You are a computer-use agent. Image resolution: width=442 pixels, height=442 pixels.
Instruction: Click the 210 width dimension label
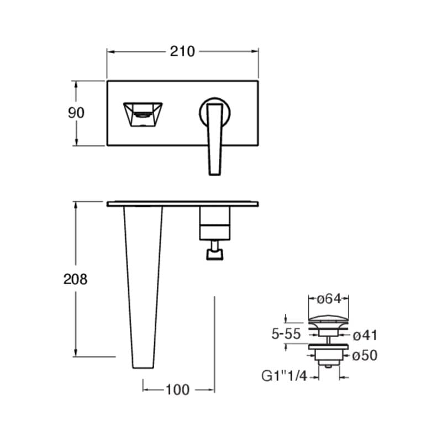[x=182, y=51]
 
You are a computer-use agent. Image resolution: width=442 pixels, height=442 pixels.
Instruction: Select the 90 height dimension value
[x=76, y=113]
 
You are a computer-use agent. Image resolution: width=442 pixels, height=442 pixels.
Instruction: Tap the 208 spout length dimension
[x=75, y=279]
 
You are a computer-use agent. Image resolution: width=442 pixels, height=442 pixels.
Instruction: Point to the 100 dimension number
[x=177, y=390]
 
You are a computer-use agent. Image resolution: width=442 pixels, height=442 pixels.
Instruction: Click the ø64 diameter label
[x=329, y=299]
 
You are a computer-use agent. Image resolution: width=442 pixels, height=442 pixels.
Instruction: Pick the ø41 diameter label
[x=365, y=335]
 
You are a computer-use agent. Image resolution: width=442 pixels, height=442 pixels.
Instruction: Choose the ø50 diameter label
[x=365, y=355]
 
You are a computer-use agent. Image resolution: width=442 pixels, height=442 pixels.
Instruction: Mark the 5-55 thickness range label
[x=286, y=334]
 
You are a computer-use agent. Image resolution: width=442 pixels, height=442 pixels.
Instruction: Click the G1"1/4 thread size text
[x=284, y=376]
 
